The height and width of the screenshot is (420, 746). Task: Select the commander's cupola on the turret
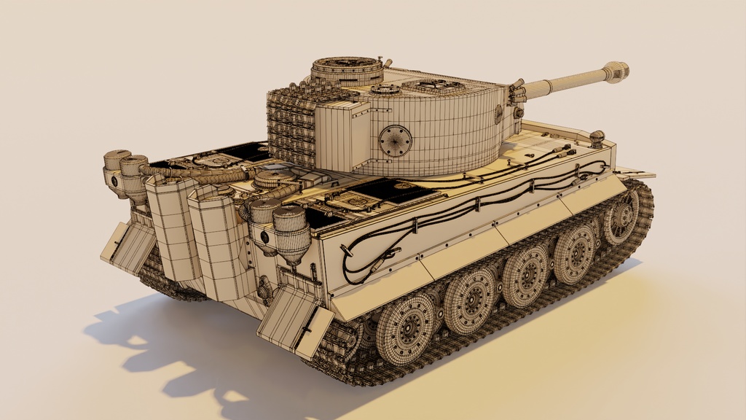click(x=347, y=71)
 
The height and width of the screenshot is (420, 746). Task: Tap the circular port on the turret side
click(x=395, y=140)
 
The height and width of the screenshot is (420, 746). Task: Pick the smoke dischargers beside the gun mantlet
click(x=517, y=93)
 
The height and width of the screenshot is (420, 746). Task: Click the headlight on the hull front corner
click(x=597, y=138)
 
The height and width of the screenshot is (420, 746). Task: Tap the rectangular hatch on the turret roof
click(x=437, y=87)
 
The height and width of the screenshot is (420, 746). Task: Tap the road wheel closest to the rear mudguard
click(x=405, y=328)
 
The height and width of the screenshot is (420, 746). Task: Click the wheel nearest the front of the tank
click(x=621, y=217)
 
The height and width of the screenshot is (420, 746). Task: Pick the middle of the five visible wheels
click(x=525, y=275)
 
